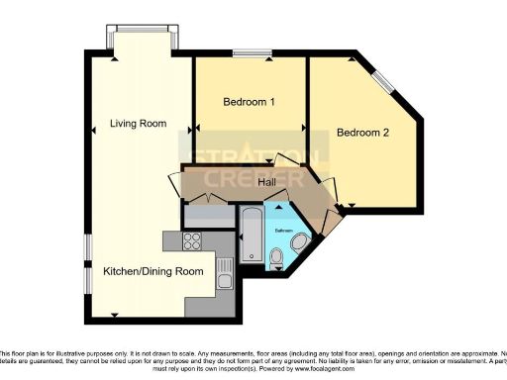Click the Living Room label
[x=138, y=124]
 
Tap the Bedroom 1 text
[x=249, y=102]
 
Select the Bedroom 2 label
[x=362, y=132]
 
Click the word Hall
[x=267, y=182]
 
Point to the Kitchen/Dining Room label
[x=153, y=271]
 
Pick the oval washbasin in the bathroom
[x=301, y=239]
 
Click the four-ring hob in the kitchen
[x=191, y=240]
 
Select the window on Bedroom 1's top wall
[x=253, y=51]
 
